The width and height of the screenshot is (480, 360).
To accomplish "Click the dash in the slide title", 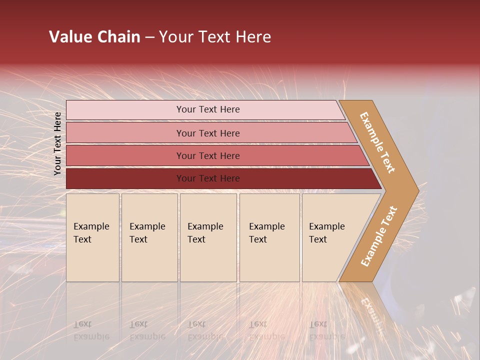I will pyautogui.click(x=149, y=37).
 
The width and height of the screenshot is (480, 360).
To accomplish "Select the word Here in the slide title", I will pyautogui.click(x=253, y=37).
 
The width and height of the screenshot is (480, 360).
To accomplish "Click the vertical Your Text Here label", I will pyautogui.click(x=57, y=143).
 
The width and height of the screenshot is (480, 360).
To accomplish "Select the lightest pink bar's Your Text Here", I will pyautogui.click(x=208, y=109).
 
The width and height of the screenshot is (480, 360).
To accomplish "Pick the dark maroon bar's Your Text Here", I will pyautogui.click(x=208, y=178).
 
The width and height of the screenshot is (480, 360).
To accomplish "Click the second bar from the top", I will pyautogui.click(x=208, y=133).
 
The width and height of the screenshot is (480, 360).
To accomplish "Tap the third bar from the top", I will pyautogui.click(x=208, y=156).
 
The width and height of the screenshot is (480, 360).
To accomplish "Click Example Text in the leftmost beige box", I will pyautogui.click(x=91, y=233).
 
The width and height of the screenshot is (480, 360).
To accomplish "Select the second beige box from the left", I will pyautogui.click(x=149, y=237).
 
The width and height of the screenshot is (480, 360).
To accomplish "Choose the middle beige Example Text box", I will pyautogui.click(x=207, y=237).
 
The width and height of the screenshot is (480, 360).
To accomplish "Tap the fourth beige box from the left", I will pyautogui.click(x=269, y=237).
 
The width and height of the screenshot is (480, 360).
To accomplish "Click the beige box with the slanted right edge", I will pyautogui.click(x=330, y=237).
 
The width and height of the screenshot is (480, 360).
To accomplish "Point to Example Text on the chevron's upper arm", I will pyautogui.click(x=377, y=142).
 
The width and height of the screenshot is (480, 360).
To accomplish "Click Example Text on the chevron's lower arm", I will pyautogui.click(x=378, y=236).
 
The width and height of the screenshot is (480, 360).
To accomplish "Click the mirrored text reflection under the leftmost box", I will pyautogui.click(x=91, y=330).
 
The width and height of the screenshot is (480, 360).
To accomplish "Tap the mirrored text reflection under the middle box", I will pyautogui.click(x=205, y=330).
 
